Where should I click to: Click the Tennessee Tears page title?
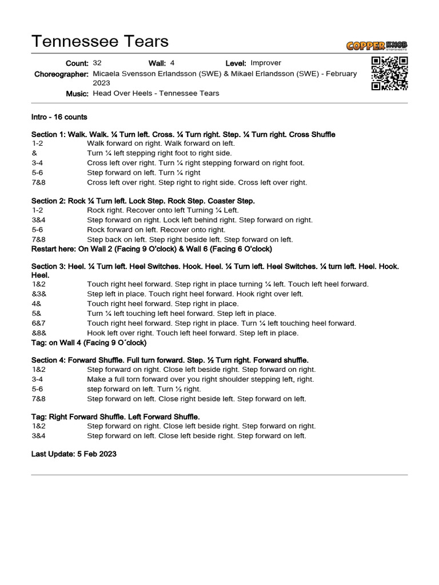(x=100, y=41)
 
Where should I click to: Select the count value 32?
(x=97, y=63)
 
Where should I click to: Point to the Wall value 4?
(x=172, y=63)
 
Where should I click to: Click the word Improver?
(x=266, y=63)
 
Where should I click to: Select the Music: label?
(x=77, y=94)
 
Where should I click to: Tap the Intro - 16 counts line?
(x=59, y=117)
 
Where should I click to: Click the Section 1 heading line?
(x=183, y=134)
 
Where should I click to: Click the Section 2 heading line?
(x=143, y=201)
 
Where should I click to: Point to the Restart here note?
(x=151, y=249)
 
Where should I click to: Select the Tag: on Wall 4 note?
(x=89, y=343)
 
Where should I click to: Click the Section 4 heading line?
(x=170, y=360)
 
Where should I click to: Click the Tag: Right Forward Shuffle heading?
(x=115, y=417)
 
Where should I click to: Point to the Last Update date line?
(x=74, y=454)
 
